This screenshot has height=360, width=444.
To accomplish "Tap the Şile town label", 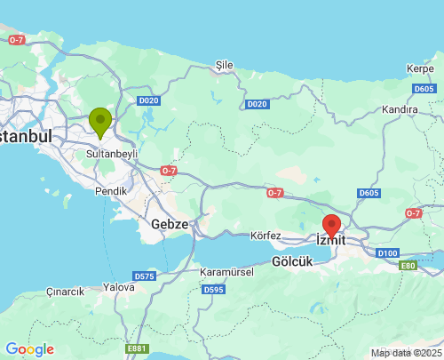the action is click(224, 66).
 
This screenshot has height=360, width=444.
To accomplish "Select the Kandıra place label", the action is click(399, 109).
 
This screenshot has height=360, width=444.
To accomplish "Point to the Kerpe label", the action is click(419, 68).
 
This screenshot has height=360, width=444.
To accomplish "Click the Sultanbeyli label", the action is click(113, 154).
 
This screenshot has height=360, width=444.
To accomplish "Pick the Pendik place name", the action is click(112, 191).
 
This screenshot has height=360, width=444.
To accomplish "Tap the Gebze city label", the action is click(170, 224).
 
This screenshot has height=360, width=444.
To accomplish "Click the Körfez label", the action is click(266, 236).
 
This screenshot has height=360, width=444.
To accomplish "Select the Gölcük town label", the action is click(292, 262).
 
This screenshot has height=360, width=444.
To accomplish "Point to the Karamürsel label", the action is click(227, 272).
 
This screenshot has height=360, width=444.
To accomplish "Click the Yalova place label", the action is click(118, 287).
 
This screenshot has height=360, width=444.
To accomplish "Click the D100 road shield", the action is click(387, 253).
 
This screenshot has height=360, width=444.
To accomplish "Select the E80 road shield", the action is click(408, 266).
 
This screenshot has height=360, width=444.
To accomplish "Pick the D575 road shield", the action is click(145, 276).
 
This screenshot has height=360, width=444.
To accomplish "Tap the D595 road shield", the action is click(213, 289).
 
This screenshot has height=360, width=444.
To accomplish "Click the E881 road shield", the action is click(137, 348).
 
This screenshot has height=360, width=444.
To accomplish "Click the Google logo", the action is click(29, 349).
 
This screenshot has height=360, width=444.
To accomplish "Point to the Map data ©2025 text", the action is click(405, 353).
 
